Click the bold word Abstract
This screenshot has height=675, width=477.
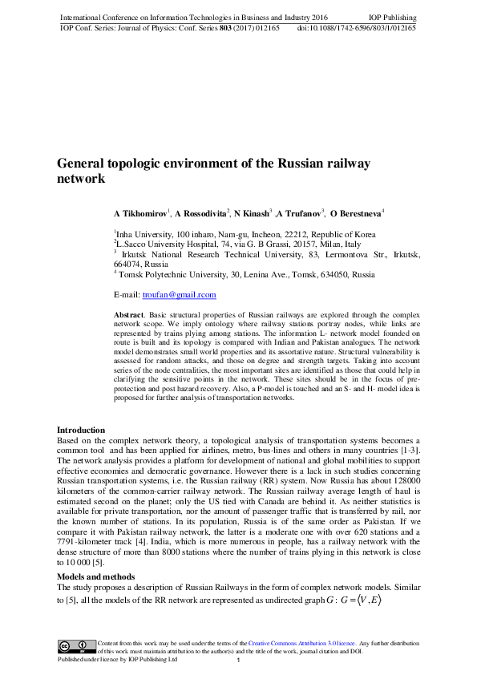pos(128,315)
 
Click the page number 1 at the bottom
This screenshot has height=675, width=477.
pos(239,660)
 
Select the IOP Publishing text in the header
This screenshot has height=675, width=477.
pos(391,17)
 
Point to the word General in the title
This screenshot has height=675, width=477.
pos(86,164)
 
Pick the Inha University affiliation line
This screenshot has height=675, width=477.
pos(245,234)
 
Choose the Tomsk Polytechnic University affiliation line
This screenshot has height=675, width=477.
pos(245,273)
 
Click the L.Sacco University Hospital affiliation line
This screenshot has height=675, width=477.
pos(237,244)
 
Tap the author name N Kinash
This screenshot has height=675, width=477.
pos(256,214)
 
